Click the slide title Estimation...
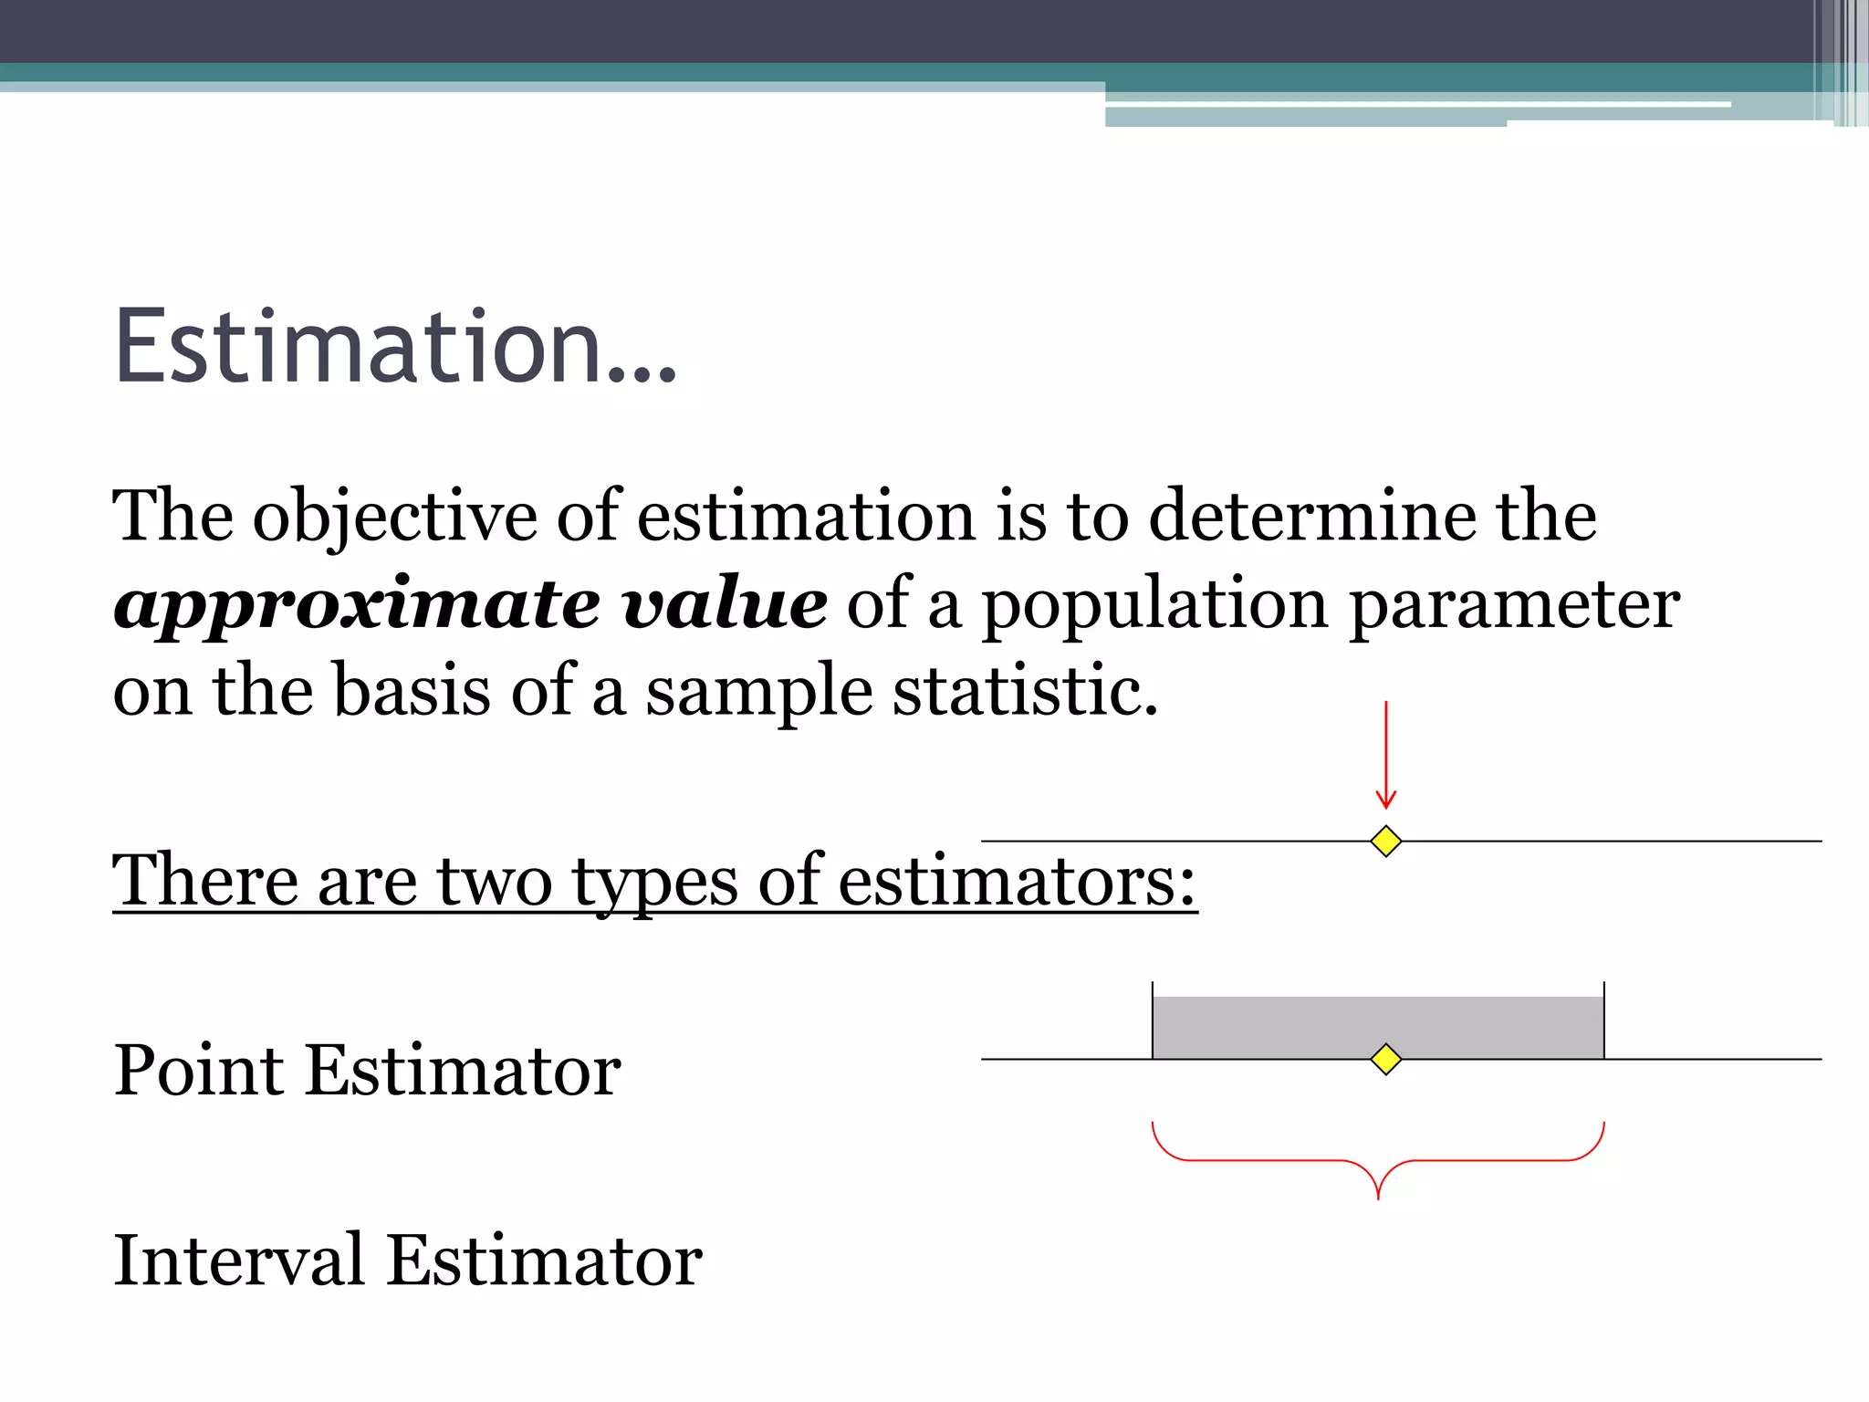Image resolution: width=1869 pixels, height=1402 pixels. coord(395,347)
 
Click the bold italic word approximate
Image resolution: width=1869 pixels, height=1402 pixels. coord(356,606)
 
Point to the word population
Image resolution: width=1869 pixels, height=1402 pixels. coord(1154,606)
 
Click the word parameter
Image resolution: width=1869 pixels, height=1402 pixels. coord(1514,606)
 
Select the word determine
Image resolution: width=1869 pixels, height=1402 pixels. coord(1311,517)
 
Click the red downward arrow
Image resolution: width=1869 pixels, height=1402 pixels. coord(1385,757)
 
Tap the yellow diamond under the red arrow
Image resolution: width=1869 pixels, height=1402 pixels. coord(1385,841)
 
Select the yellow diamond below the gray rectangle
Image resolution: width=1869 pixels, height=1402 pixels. coord(1385,1059)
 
